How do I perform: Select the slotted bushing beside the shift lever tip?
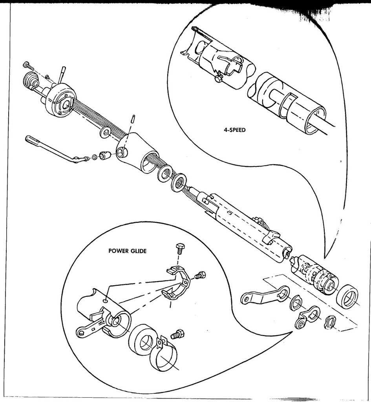point(104,156)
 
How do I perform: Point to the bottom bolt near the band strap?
point(177,334)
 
